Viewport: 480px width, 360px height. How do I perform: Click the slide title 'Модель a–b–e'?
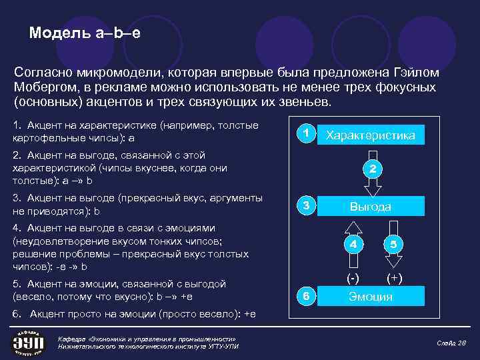pos(85,33)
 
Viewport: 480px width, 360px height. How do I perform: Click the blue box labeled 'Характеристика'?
pos(371,135)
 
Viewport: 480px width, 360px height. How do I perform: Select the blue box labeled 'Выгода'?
pos(371,207)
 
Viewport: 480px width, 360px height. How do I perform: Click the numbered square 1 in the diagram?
pos(305,134)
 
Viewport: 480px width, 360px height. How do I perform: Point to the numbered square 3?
pos(305,206)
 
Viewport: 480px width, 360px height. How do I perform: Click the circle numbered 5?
pos(393,245)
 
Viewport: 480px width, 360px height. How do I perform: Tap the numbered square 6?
pos(305,296)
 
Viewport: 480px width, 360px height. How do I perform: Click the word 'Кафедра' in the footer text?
pos(72,339)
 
